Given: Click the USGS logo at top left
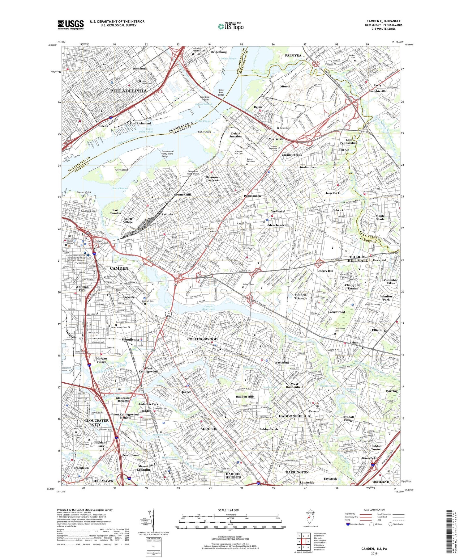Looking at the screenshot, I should [71, 25].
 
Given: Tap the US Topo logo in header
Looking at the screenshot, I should [230, 27].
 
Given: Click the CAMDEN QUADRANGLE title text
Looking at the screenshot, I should [383, 21].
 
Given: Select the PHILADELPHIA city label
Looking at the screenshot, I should [129, 91].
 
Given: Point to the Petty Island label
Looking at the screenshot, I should [121, 170].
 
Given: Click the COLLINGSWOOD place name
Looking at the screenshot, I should [202, 339].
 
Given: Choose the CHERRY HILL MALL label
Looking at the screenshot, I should [359, 259].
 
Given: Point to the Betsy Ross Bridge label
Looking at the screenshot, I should [221, 92].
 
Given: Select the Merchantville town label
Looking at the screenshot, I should [279, 225].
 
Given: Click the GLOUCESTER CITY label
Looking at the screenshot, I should [96, 422].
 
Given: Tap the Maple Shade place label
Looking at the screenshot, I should [380, 217].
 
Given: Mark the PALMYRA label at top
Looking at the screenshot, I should [293, 55].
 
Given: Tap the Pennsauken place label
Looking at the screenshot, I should [252, 196].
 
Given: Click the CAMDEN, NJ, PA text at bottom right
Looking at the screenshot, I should [374, 549].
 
